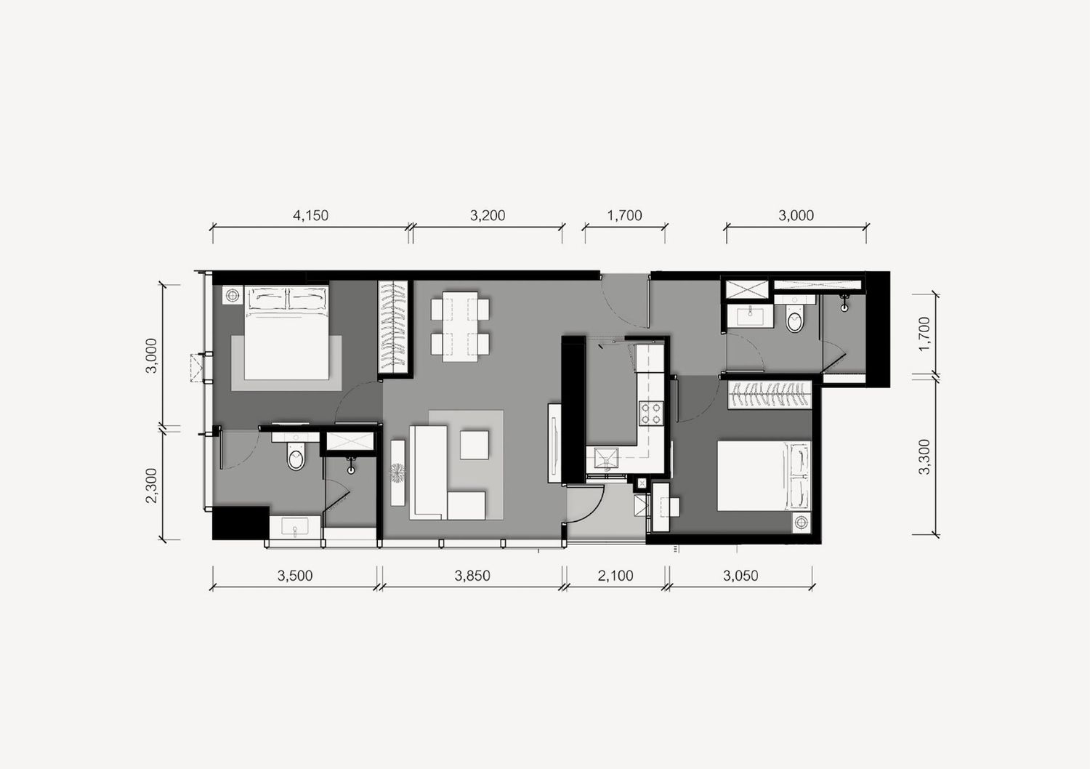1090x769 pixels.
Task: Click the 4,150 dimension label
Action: pyautogui.click(x=310, y=215)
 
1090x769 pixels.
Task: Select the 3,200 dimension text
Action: pyautogui.click(x=488, y=215)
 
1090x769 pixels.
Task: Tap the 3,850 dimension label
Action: pyautogui.click(x=472, y=576)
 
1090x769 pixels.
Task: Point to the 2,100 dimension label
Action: pyautogui.click(x=615, y=576)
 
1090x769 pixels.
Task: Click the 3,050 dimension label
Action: pyautogui.click(x=740, y=576)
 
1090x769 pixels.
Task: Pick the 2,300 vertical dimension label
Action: pyautogui.click(x=151, y=486)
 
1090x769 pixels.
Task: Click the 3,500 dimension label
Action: pyautogui.click(x=295, y=576)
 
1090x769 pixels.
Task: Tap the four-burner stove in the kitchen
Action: pyautogui.click(x=650, y=414)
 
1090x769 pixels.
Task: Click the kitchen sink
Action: pyautogui.click(x=606, y=459)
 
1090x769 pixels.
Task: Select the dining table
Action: pyautogui.click(x=460, y=326)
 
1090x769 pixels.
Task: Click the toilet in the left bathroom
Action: pyautogui.click(x=296, y=456)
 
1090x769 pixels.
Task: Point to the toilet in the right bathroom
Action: pyautogui.click(x=795, y=318)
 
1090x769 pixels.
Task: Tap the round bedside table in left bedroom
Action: pyautogui.click(x=233, y=295)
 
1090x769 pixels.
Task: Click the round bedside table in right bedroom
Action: pyautogui.click(x=801, y=523)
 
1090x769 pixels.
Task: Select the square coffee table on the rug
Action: pyautogui.click(x=475, y=445)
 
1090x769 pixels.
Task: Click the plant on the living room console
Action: pyautogui.click(x=398, y=473)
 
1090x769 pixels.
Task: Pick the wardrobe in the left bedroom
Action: pyautogui.click(x=393, y=328)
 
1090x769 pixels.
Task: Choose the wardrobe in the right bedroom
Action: pyautogui.click(x=770, y=395)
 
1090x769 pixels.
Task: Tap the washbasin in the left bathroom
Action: pyautogui.click(x=295, y=527)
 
